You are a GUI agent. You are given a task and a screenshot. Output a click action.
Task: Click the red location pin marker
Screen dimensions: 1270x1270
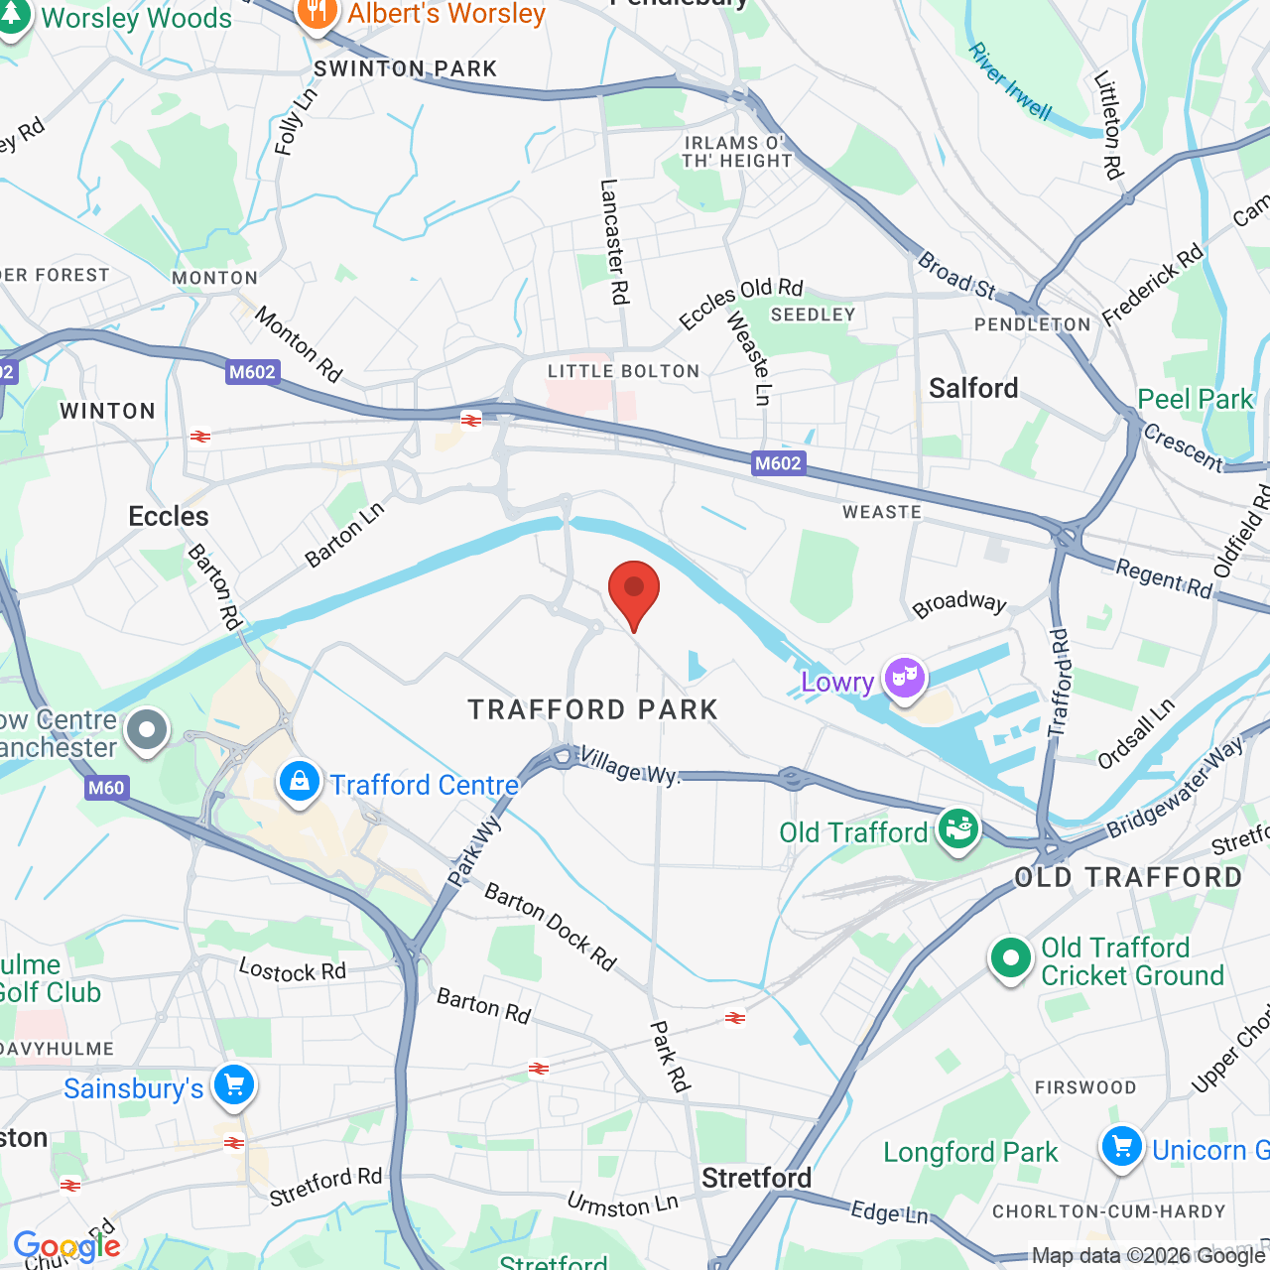click(x=633, y=592)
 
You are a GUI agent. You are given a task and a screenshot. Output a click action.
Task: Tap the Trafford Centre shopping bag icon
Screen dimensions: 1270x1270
click(x=299, y=783)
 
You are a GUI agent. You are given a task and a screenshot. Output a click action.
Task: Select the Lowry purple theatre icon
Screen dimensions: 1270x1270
click(x=904, y=679)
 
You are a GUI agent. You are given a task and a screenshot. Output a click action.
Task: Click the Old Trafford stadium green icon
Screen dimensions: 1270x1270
click(x=957, y=829)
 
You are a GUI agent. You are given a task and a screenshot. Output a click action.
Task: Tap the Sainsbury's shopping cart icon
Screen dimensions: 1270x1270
click(x=234, y=1085)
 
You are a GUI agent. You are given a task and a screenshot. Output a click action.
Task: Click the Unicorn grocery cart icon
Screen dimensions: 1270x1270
click(x=1122, y=1148)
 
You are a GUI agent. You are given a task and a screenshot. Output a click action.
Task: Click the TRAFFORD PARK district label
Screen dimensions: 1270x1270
click(x=593, y=709)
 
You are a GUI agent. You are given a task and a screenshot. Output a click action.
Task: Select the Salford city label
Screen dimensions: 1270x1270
click(x=973, y=388)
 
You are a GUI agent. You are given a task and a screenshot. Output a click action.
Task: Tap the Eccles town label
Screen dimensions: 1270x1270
click(x=169, y=516)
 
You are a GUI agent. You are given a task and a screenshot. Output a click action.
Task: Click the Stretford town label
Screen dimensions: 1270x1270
click(x=756, y=1178)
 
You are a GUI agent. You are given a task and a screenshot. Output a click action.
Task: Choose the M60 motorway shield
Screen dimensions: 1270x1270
click(x=106, y=788)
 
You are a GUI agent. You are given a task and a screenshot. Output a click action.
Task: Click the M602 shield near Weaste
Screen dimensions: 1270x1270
click(x=778, y=463)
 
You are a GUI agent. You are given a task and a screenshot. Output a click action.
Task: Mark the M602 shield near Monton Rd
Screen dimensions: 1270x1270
click(x=252, y=372)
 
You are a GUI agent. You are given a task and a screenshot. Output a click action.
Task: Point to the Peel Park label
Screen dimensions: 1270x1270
click(x=1196, y=399)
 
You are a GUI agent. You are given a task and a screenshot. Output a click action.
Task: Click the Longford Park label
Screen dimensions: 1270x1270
click(x=970, y=1152)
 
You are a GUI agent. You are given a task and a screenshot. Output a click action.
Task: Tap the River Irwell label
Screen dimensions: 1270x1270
click(x=1010, y=81)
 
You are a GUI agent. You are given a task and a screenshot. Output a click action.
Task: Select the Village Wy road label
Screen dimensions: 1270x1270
click(x=629, y=765)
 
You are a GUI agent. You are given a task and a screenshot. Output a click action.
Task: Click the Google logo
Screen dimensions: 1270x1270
click(x=66, y=1246)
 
